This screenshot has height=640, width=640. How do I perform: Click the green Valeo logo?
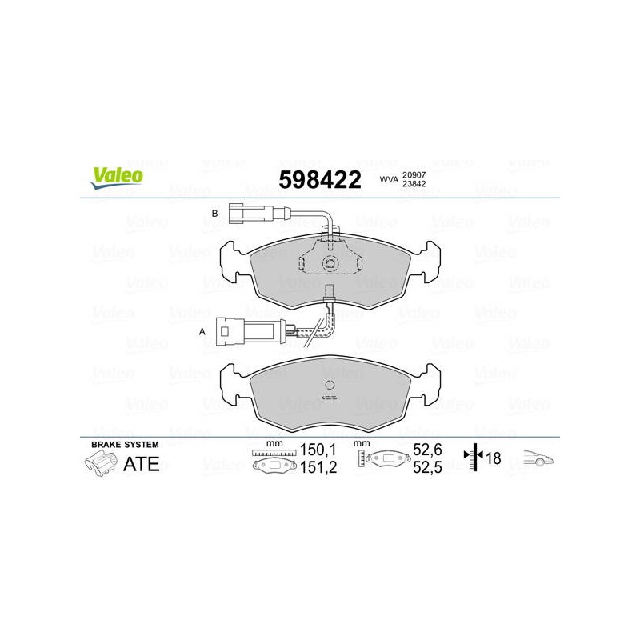[117, 178]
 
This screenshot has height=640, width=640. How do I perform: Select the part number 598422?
[320, 179]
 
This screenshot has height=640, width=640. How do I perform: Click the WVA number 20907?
[414, 174]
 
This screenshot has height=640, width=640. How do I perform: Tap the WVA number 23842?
[414, 184]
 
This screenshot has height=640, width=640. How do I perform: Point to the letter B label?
[214, 214]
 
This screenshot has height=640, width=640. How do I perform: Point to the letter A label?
[202, 332]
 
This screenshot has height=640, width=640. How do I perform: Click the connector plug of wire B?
[250, 213]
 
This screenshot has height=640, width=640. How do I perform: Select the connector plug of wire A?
[250, 330]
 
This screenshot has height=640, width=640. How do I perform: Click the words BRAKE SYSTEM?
[125, 445]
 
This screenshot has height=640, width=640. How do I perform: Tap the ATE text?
[142, 464]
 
